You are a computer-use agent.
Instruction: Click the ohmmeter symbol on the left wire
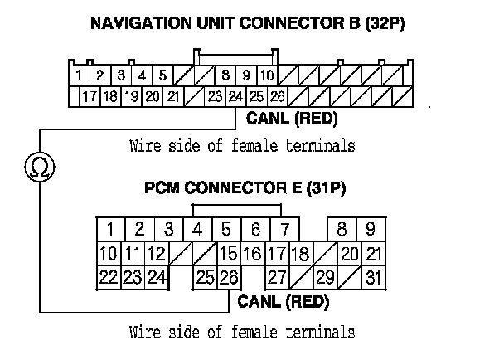pos(39,167)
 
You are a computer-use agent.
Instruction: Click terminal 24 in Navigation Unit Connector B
pos(235,96)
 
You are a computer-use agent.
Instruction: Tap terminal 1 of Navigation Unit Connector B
pos(78,75)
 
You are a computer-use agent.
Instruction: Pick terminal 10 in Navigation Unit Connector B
pos(267,75)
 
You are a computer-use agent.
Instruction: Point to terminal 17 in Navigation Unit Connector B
pos(90,96)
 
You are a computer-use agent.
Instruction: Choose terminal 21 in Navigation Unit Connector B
pos(172,96)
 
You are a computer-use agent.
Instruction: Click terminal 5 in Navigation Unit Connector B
pos(163,75)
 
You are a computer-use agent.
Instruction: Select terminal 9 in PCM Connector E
pos(371,229)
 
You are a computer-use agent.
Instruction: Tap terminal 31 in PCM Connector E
pos(373,278)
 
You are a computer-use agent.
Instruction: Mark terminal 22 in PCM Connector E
pos(107,278)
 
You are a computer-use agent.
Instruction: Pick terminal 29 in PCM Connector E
pos(325,278)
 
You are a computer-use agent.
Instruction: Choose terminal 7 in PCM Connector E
pos(284,229)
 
